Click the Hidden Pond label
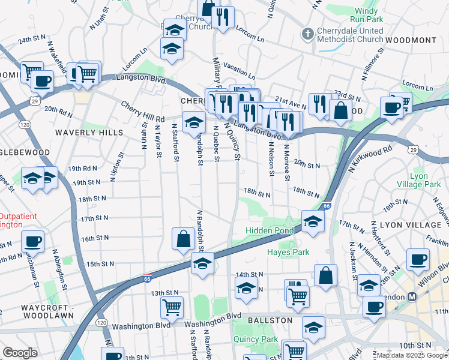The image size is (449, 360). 270,230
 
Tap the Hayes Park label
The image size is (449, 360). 288,253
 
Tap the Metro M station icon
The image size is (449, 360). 412,297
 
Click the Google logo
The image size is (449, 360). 20,352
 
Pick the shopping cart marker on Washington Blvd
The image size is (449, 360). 172,307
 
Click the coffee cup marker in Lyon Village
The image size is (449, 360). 418,259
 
